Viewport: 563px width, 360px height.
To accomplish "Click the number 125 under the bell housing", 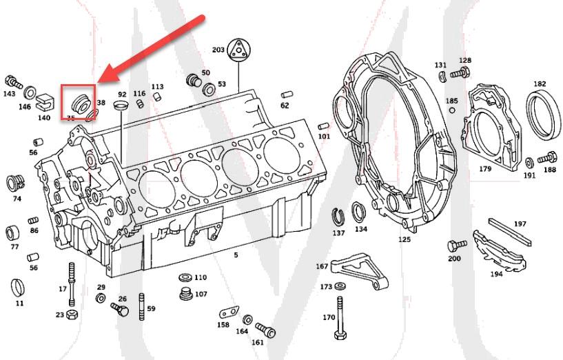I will [404, 239].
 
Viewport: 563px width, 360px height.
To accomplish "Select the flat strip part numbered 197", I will [511, 231].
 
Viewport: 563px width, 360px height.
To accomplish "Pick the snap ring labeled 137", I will [338, 217].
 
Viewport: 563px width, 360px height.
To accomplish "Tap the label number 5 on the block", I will [236, 255].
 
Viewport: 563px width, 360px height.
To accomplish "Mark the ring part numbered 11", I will [19, 286].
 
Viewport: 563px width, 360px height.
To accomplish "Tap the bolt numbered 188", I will [549, 157].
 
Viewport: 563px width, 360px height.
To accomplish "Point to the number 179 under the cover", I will [485, 168].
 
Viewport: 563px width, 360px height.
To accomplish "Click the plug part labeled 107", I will [184, 294].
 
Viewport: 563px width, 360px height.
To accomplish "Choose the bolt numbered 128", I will [460, 72].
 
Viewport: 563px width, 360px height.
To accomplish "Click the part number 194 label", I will [496, 274].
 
